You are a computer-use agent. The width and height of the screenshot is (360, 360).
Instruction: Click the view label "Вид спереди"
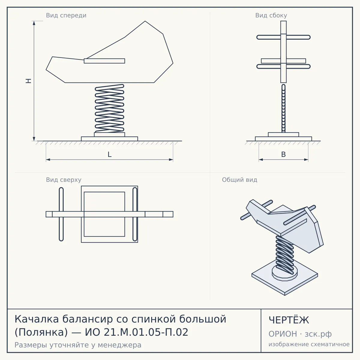(66, 16)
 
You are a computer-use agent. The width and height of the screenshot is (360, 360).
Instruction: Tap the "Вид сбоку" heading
(271, 16)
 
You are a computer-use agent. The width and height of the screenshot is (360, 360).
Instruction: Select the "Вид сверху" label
(64, 180)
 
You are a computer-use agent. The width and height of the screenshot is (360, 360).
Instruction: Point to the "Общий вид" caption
(239, 180)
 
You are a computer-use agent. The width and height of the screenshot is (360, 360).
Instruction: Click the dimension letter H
(28, 81)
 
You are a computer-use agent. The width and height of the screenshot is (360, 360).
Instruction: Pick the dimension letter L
(109, 154)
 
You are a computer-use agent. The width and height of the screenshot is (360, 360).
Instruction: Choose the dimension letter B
(283, 154)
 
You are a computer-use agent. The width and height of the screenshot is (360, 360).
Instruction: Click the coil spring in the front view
(109, 108)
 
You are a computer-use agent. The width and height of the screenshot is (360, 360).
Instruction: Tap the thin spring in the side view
(283, 108)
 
